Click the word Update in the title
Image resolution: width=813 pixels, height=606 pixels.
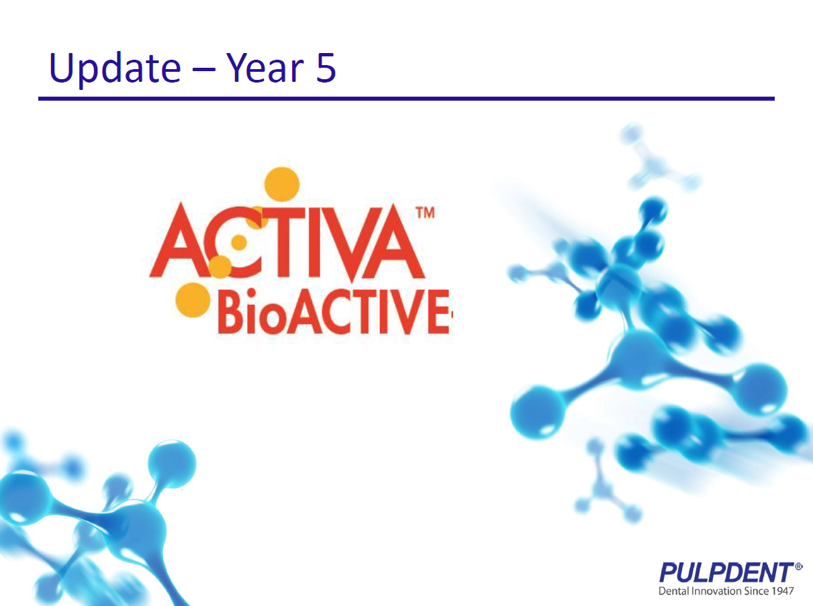[x=115, y=68]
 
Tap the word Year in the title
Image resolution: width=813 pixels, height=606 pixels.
[x=265, y=67]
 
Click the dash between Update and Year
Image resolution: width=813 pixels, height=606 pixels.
[x=203, y=68]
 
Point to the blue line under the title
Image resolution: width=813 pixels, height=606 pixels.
[x=406, y=99]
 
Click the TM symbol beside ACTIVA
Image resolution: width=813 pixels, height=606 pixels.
[x=425, y=213]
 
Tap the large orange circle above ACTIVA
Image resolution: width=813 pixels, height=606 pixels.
[x=282, y=185]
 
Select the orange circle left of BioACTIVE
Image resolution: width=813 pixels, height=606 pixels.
[x=193, y=300]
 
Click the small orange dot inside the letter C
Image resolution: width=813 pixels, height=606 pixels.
[x=239, y=242]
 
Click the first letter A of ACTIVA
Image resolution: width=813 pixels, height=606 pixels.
[x=181, y=241]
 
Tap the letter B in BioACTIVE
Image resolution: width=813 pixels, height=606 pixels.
[x=232, y=311]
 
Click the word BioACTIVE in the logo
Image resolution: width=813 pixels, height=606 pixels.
[x=334, y=311]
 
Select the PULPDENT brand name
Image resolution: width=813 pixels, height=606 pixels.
[x=726, y=572]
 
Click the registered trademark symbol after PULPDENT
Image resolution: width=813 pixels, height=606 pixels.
[x=798, y=566]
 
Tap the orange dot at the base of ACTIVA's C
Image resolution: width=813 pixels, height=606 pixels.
[x=220, y=266]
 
